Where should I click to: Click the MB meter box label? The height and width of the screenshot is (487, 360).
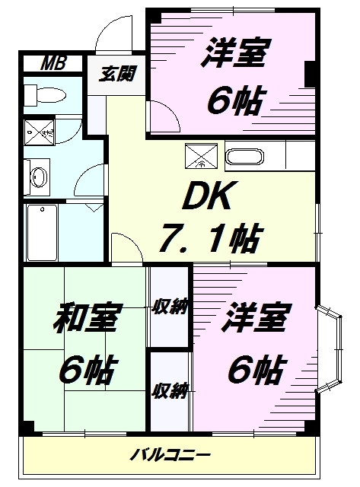click(x=53, y=63)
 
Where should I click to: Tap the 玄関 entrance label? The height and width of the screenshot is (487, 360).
click(x=117, y=75)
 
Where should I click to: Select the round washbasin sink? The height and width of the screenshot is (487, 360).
click(x=39, y=177)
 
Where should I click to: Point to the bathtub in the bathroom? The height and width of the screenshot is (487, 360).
click(x=42, y=232)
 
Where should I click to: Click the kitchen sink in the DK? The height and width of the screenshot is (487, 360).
click(x=245, y=158)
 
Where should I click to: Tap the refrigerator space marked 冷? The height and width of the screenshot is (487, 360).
click(x=201, y=156)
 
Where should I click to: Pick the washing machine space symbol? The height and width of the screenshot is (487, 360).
click(x=40, y=132)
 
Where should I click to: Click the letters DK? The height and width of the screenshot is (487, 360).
click(x=208, y=196)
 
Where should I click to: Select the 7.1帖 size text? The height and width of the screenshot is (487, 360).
click(x=211, y=237)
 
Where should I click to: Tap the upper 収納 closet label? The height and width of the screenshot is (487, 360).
click(x=170, y=307)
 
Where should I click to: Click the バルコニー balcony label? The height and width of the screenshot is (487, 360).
click(x=170, y=456)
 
